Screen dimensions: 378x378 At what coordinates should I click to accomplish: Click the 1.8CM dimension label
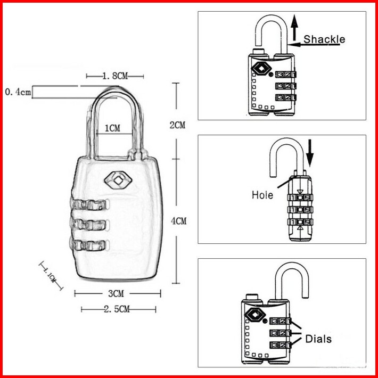pyautogui.click(x=115, y=77)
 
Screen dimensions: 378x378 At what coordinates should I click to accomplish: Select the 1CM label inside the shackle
pyautogui.click(x=112, y=128)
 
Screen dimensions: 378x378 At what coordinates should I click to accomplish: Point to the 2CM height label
pyautogui.click(x=177, y=126)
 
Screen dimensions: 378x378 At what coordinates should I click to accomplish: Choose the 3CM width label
pyautogui.click(x=116, y=293)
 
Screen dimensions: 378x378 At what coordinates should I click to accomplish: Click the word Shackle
pyautogui.click(x=324, y=39)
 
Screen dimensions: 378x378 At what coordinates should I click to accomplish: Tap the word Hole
pyautogui.click(x=262, y=195)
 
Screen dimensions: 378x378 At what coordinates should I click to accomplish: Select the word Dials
pyautogui.click(x=318, y=339)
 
